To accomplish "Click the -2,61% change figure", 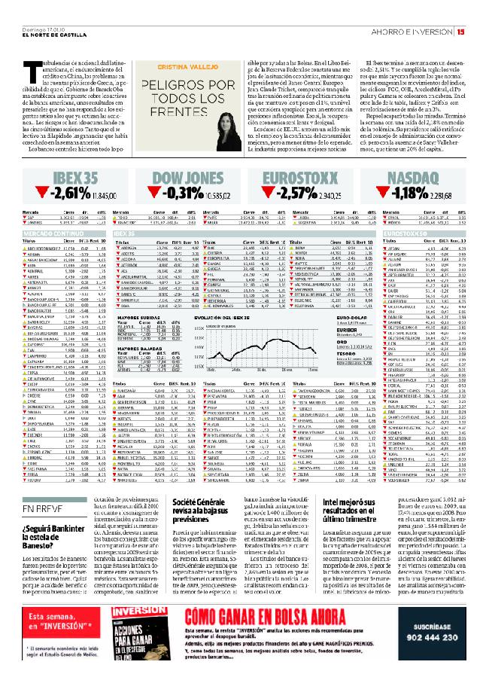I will click(x=66, y=192).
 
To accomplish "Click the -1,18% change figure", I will click(x=408, y=192).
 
